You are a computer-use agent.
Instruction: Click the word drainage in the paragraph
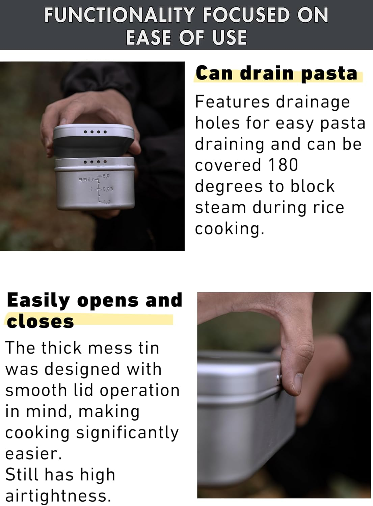pyautogui.click(x=313, y=102)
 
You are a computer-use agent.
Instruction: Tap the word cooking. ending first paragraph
pyautogui.click(x=229, y=229)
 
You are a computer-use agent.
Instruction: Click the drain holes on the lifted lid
pyautogui.click(x=95, y=132)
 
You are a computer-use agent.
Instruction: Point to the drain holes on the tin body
pyautogui.click(x=95, y=162)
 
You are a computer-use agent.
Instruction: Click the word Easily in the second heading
pyautogui.click(x=38, y=300)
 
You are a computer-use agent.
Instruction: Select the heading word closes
pyautogui.click(x=40, y=321)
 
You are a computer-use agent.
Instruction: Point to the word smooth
pyautogui.click(x=36, y=390)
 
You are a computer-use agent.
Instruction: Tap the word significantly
pyautogui.click(x=127, y=432)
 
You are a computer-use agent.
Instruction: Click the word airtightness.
pyautogui.click(x=58, y=496)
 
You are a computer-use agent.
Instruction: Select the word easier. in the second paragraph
pyautogui.click(x=33, y=454)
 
